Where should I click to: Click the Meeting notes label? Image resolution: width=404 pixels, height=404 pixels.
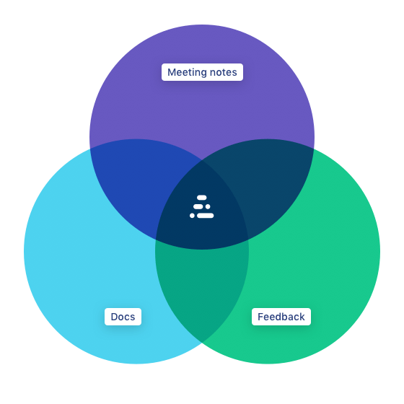point(202,72)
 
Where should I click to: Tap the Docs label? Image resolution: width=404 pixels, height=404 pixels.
point(123,317)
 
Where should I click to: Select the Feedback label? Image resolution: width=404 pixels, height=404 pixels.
point(281,317)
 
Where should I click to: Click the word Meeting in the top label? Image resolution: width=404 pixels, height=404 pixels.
point(187,72)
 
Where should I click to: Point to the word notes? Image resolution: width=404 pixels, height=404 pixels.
point(224,72)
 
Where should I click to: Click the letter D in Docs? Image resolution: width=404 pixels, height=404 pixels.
point(115,317)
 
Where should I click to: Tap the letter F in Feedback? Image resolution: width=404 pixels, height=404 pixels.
point(260,317)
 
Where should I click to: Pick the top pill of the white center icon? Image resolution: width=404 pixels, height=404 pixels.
point(202,198)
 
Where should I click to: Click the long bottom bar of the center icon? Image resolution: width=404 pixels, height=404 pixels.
point(206,216)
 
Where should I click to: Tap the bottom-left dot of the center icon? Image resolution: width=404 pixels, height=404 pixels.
point(192,216)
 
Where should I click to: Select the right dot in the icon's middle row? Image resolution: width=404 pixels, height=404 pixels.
point(208,206)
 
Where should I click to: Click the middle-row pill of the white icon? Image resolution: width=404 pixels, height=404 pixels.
point(198,206)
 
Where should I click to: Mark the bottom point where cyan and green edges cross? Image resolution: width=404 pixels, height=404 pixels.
point(202,343)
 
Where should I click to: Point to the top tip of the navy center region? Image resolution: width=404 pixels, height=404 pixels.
point(202,160)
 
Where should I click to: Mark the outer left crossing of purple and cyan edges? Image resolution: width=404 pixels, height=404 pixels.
point(90,149)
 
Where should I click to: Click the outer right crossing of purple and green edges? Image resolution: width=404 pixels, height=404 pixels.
point(314,149)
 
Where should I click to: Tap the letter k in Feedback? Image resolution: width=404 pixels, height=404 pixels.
point(302,317)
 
